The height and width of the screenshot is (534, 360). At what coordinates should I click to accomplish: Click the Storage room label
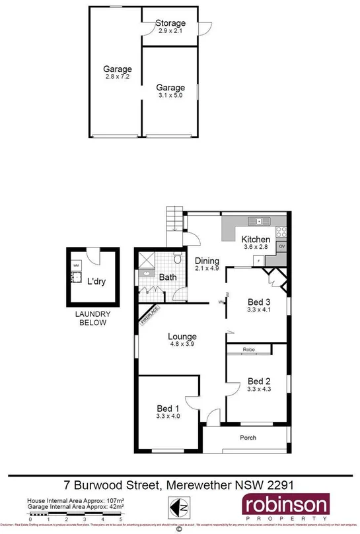click(x=170, y=24)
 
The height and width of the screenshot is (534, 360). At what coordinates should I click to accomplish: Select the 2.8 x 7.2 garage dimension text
click(x=118, y=77)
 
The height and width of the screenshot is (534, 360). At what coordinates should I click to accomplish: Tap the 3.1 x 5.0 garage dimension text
click(x=170, y=96)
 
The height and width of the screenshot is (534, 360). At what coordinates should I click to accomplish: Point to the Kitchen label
click(x=255, y=239)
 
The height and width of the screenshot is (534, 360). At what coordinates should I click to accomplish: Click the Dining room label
click(x=207, y=261)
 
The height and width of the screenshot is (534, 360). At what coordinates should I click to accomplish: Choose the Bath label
click(x=167, y=278)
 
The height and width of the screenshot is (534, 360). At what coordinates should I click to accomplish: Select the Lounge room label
click(x=183, y=337)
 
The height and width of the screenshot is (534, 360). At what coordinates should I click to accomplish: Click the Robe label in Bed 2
click(x=248, y=350)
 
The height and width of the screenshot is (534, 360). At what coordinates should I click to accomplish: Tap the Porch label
click(x=248, y=438)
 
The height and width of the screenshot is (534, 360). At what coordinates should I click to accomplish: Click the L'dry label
click(x=97, y=282)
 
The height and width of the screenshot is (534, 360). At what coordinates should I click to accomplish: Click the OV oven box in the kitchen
click(x=281, y=247)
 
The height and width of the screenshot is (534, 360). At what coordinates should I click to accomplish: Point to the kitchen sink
click(x=254, y=221)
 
